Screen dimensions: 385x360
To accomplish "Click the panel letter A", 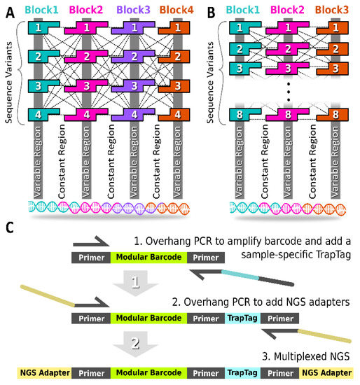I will tap(9, 11).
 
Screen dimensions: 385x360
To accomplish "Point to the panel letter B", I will tap(208, 11).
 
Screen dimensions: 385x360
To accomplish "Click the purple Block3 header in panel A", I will tap(132, 10).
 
